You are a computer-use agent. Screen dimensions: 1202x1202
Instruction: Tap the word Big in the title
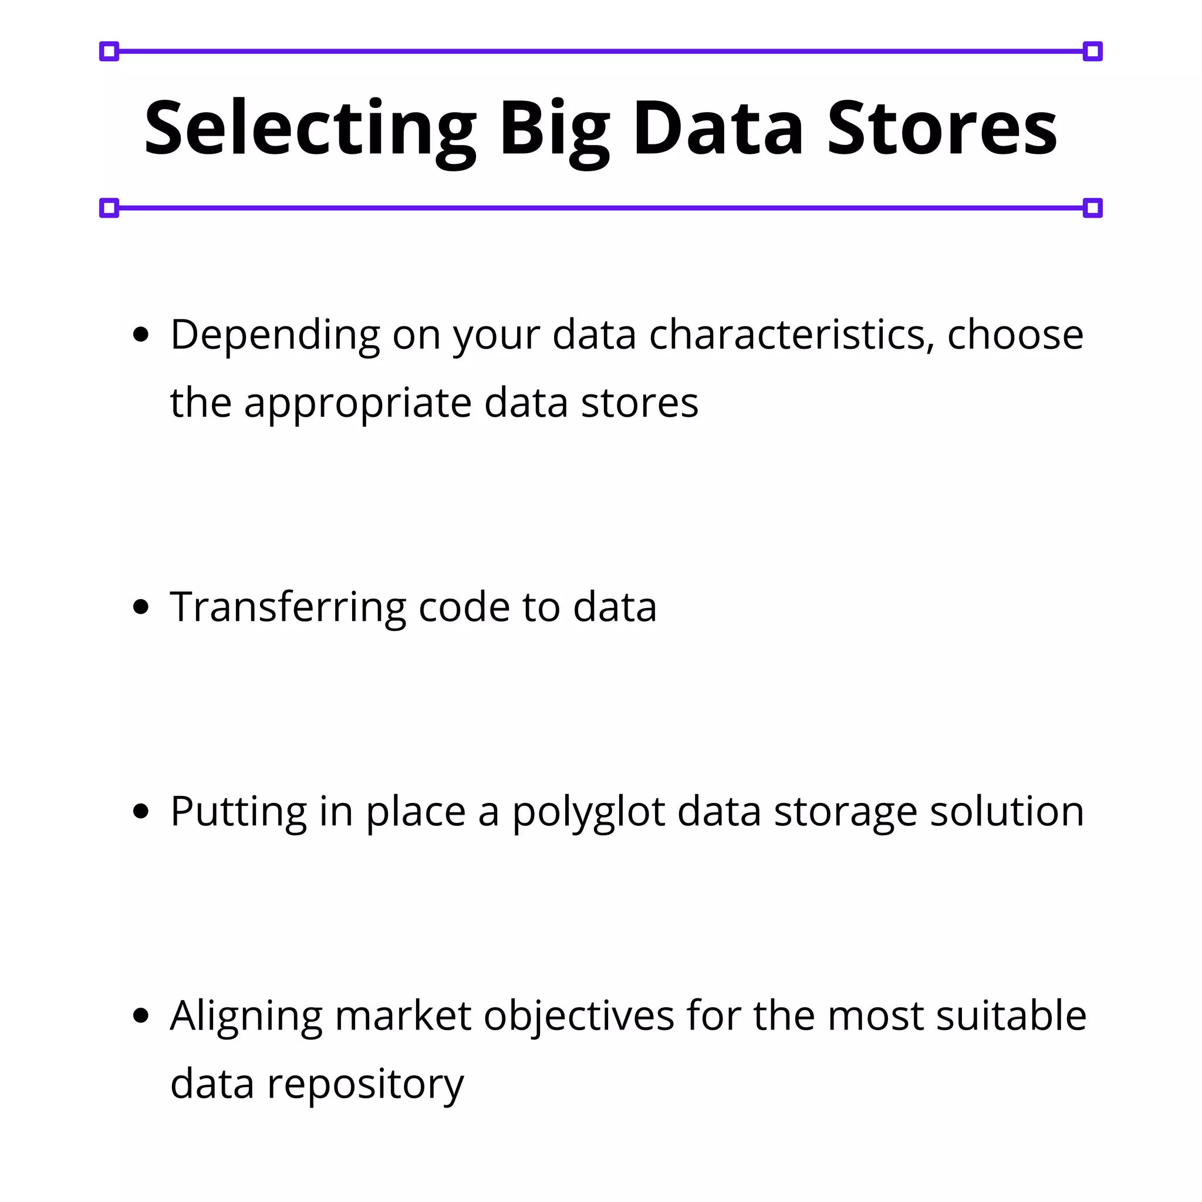pyautogui.click(x=553, y=129)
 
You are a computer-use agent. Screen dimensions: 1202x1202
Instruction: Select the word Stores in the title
pyautogui.click(x=942, y=129)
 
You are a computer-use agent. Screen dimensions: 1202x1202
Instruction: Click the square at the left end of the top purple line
pyautogui.click(x=109, y=52)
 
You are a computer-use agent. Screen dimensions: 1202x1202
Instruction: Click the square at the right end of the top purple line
pyautogui.click(x=1092, y=52)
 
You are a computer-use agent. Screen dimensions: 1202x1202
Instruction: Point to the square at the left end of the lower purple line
pyautogui.click(x=109, y=208)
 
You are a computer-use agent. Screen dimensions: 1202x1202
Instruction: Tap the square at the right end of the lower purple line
pyautogui.click(x=1092, y=208)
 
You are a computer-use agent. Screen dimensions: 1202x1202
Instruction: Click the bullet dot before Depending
pyautogui.click(x=141, y=335)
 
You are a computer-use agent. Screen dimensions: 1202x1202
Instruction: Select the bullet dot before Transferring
pyautogui.click(x=141, y=607)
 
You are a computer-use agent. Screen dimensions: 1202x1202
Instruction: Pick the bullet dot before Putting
pyautogui.click(x=141, y=811)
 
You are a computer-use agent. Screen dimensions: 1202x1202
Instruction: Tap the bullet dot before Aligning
pyautogui.click(x=141, y=1015)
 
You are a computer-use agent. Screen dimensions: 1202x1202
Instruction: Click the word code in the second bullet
pyautogui.click(x=464, y=607)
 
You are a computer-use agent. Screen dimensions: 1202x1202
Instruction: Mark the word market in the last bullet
pyautogui.click(x=403, y=1016)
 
